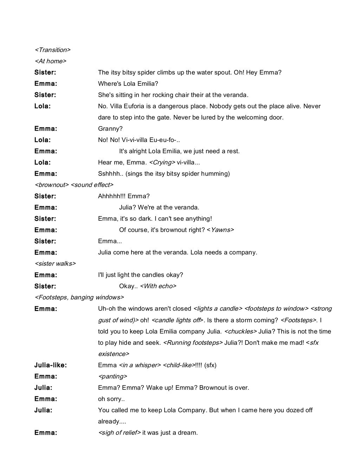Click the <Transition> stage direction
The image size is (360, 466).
coord(52,50)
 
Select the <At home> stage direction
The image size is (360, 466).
coord(50,61)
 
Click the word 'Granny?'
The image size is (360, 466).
coord(110,129)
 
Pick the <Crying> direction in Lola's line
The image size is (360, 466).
coord(162,162)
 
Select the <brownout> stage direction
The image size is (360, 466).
coord(51,185)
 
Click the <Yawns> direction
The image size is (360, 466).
coord(220,230)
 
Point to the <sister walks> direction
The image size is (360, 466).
coord(55,264)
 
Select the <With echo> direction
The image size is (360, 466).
coord(158,286)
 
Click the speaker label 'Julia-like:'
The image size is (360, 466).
coord(50,365)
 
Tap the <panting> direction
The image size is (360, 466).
coord(112,376)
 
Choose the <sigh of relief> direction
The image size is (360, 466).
coord(119,433)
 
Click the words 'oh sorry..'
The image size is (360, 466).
coord(111,399)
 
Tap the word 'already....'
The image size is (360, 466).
coord(112,421)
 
